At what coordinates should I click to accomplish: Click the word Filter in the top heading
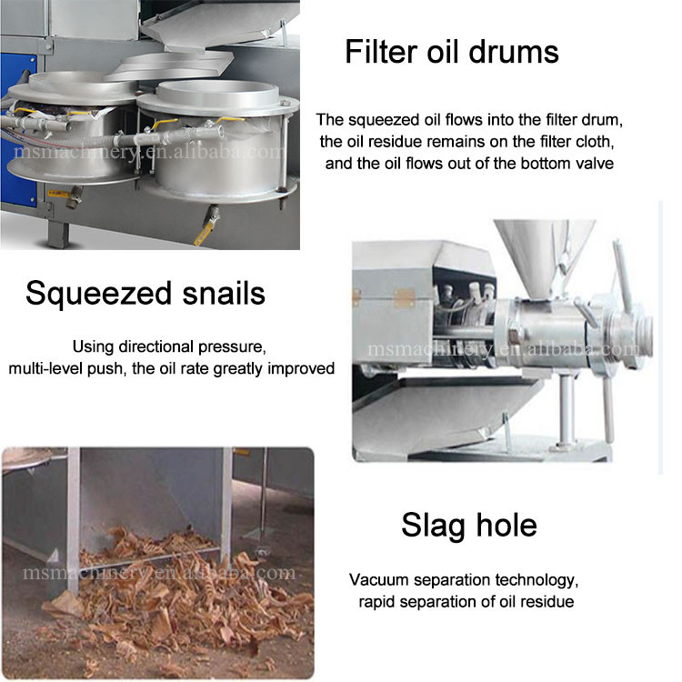(382, 52)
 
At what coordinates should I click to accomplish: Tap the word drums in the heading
(514, 52)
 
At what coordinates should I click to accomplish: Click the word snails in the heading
(224, 293)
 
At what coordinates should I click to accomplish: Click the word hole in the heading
(506, 525)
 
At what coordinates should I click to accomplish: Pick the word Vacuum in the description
(379, 580)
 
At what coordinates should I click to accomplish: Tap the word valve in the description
(595, 164)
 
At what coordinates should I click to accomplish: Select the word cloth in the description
(595, 141)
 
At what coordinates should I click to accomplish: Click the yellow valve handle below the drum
(204, 234)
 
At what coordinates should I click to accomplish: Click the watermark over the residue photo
(159, 572)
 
